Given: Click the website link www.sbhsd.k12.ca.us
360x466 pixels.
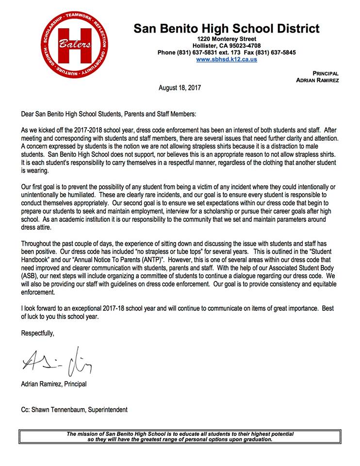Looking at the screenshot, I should tap(227, 59).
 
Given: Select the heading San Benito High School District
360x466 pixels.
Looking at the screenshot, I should tap(227, 29).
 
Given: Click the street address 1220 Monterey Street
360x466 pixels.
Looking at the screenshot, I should tap(227, 39).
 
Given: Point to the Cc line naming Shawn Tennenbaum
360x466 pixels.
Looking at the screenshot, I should tap(74, 410).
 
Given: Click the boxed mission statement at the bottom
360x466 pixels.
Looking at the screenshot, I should tap(180, 436).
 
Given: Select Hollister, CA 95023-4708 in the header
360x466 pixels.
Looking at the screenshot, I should tap(227, 46).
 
